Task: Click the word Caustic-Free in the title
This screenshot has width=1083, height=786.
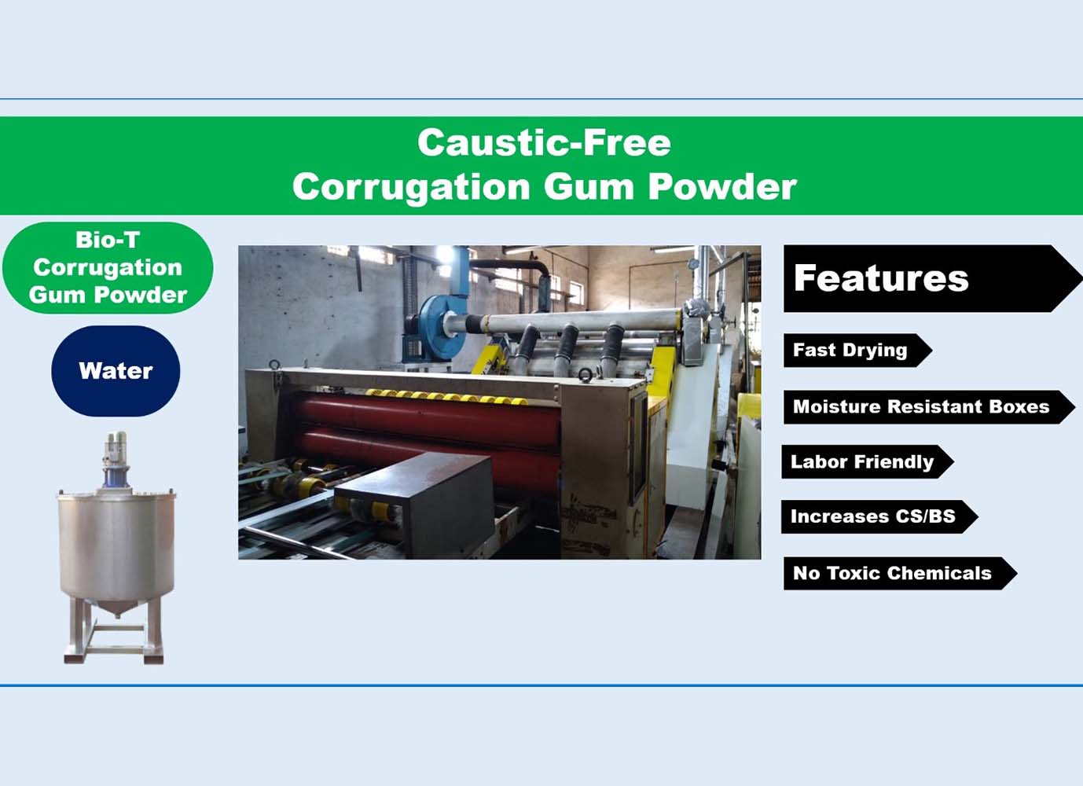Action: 544,142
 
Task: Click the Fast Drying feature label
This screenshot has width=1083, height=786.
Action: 857,350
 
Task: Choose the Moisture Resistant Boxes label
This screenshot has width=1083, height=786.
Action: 929,407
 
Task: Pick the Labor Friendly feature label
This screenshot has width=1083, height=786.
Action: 867,461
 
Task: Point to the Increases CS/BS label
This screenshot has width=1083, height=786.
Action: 879,516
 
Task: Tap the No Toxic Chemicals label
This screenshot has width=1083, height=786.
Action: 900,573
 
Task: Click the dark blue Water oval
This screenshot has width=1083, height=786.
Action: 116,371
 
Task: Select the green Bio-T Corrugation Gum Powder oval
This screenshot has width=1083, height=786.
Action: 108,268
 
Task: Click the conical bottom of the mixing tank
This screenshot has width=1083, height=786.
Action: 116,607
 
